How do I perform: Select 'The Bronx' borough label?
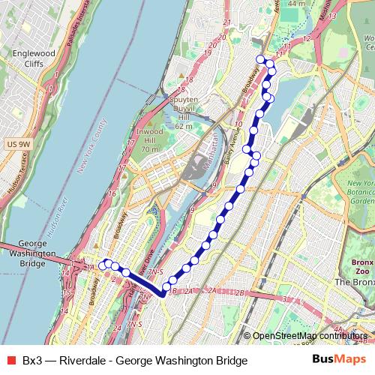352,282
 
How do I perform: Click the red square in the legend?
10,361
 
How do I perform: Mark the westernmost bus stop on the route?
103,265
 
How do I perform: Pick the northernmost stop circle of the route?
260,59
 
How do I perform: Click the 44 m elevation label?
296,4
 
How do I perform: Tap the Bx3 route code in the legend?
32,361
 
